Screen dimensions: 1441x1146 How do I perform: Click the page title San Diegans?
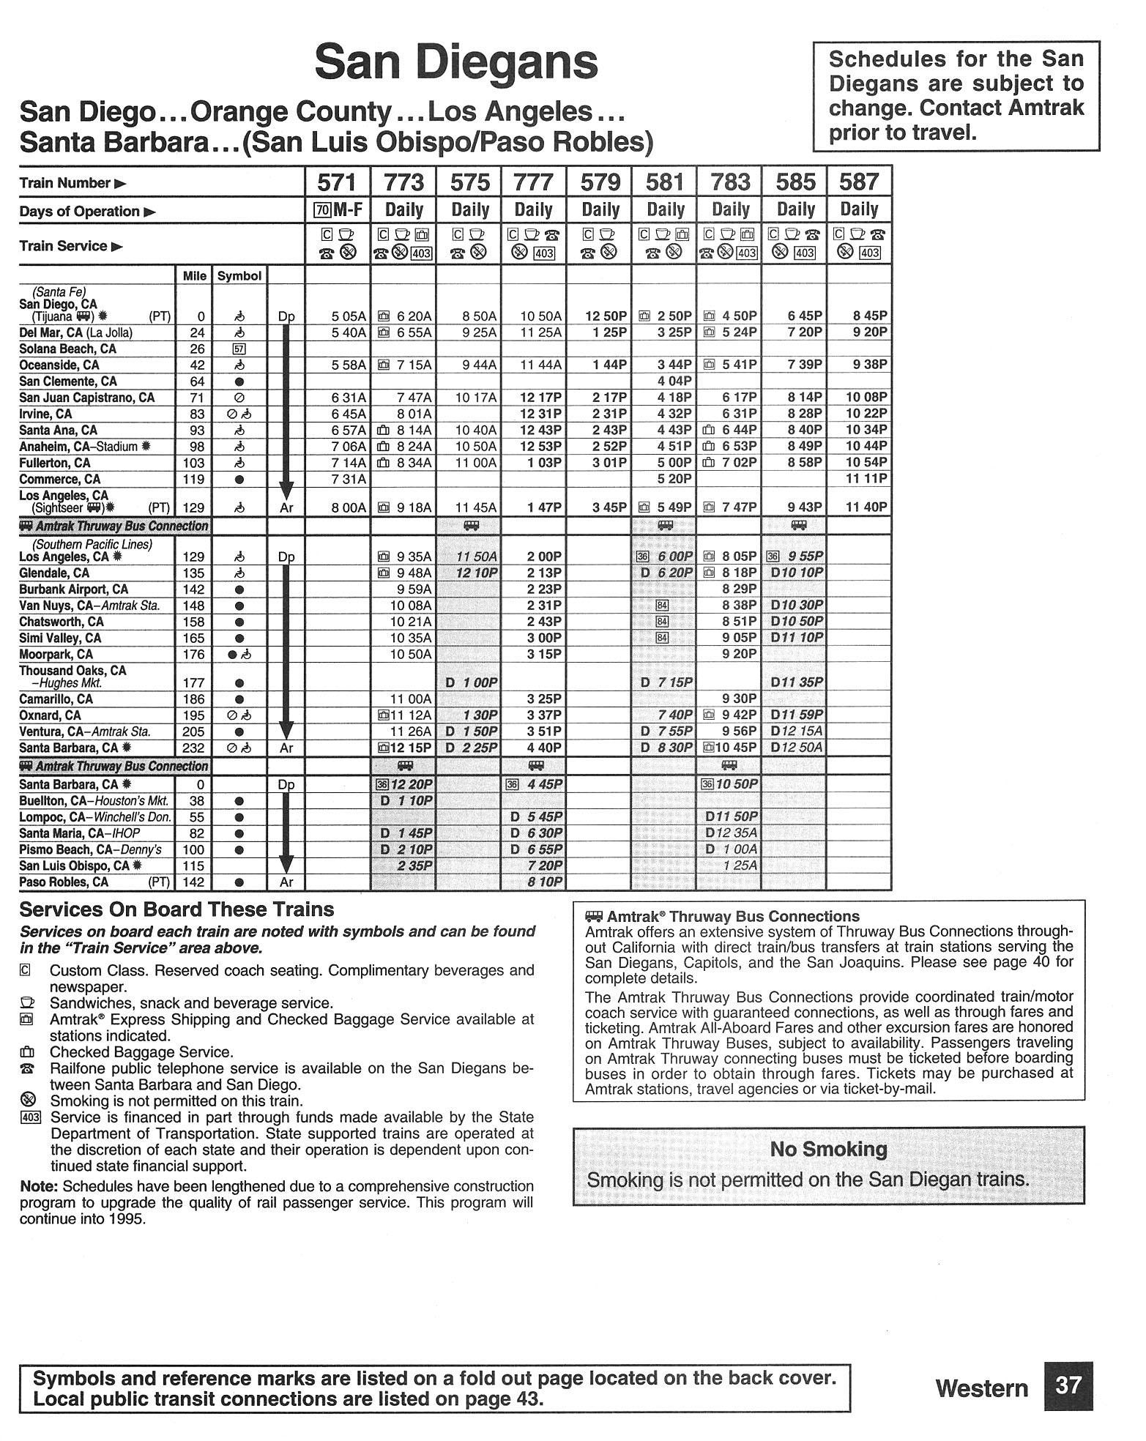pyautogui.click(x=455, y=63)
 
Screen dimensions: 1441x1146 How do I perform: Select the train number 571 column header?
pyautogui.click(x=338, y=182)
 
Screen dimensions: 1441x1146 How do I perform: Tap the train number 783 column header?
pyautogui.click(x=729, y=182)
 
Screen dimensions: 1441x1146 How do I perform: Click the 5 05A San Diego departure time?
pyautogui.click(x=348, y=316)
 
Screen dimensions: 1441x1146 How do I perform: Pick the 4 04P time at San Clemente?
pyautogui.click(x=674, y=381)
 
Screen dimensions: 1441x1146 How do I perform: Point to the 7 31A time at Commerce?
pyautogui.click(x=348, y=479)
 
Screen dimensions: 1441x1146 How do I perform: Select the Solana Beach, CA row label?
pyautogui.click(x=67, y=349)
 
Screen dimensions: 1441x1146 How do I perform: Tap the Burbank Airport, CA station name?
pyautogui.click(x=73, y=589)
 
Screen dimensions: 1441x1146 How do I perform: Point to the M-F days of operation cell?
pyautogui.click(x=338, y=211)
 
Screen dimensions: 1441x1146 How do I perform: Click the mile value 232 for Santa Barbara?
pyautogui.click(x=193, y=748)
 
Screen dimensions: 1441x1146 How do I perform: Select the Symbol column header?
pyautogui.click(x=239, y=276)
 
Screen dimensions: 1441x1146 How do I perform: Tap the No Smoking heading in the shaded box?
pyautogui.click(x=828, y=1150)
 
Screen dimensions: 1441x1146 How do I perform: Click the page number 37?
pyautogui.click(x=1068, y=1385)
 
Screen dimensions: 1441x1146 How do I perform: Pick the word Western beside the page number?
pyautogui.click(x=981, y=1388)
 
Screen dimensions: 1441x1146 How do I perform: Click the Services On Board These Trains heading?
pyautogui.click(x=176, y=909)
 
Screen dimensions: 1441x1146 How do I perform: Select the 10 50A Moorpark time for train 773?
pyautogui.click(x=411, y=654)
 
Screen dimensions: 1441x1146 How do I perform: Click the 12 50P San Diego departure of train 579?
pyautogui.click(x=606, y=316)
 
